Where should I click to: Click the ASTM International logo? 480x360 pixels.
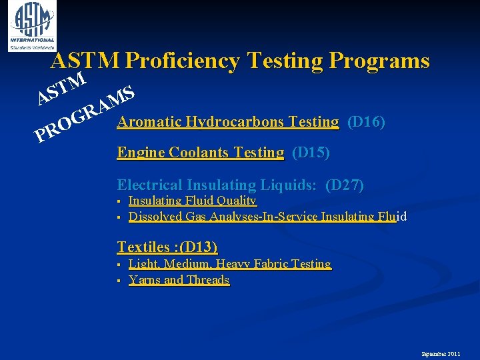point(31,26)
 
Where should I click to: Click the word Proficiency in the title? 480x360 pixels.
point(183,61)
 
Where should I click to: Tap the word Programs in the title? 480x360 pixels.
point(378,61)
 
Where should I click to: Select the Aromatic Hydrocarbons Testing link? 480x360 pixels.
point(227,122)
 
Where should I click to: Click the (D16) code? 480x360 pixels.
point(366,122)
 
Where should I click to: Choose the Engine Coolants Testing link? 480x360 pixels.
point(200,153)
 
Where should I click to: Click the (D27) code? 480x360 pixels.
point(344,185)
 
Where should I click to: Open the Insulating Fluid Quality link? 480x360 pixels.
point(192,201)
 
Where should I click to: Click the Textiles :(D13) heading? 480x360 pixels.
point(167,247)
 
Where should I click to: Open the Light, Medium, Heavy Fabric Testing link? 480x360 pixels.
point(229,264)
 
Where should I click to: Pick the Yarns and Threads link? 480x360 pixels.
point(179,280)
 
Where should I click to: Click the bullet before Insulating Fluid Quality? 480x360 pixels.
point(117,201)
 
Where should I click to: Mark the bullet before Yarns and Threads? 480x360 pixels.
point(117,281)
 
